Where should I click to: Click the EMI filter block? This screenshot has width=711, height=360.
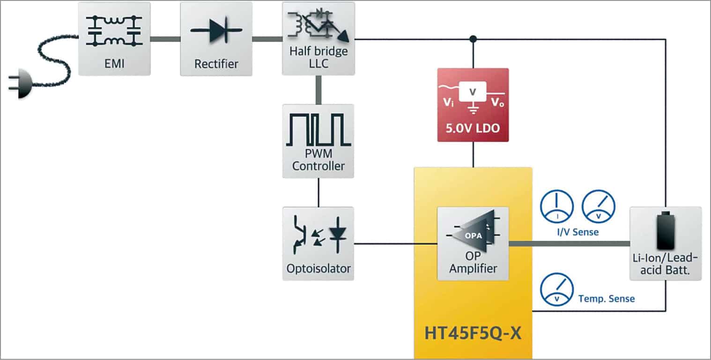[114, 39]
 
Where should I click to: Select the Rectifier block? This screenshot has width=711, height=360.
[216, 39]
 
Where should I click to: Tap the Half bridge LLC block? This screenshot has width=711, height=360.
[318, 39]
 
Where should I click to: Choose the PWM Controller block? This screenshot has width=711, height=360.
[318, 141]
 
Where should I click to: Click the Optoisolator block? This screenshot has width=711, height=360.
[318, 243]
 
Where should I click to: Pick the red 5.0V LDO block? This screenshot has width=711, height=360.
[473, 105]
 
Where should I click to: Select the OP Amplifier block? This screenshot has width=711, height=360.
[473, 243]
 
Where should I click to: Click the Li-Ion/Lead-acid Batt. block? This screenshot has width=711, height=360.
[665, 243]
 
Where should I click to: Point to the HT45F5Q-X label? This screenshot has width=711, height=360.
[473, 334]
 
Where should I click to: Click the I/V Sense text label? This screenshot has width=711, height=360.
[578, 232]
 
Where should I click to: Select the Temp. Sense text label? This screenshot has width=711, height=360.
[607, 299]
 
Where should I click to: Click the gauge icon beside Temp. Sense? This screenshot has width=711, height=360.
[557, 290]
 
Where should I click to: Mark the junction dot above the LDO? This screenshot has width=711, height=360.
[473, 38]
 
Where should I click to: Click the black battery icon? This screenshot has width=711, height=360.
[665, 230]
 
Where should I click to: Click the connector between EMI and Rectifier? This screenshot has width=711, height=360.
[165, 39]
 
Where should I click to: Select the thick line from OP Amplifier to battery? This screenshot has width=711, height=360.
[569, 243]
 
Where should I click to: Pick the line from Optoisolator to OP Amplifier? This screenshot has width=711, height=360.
[395, 244]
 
